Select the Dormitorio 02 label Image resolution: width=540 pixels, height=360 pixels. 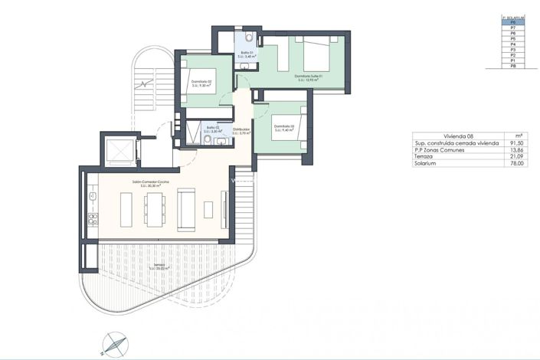pos(201,83)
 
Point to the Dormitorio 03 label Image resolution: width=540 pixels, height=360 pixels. pos(282,128)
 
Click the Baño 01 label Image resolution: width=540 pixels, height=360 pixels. pos(245,53)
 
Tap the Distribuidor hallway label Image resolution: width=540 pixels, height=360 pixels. pos(242,131)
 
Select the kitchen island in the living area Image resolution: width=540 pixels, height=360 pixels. pos(127,205)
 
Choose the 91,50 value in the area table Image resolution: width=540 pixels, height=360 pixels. pos(519,142)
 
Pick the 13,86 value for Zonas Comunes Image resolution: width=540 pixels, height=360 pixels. pos(519,149)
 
